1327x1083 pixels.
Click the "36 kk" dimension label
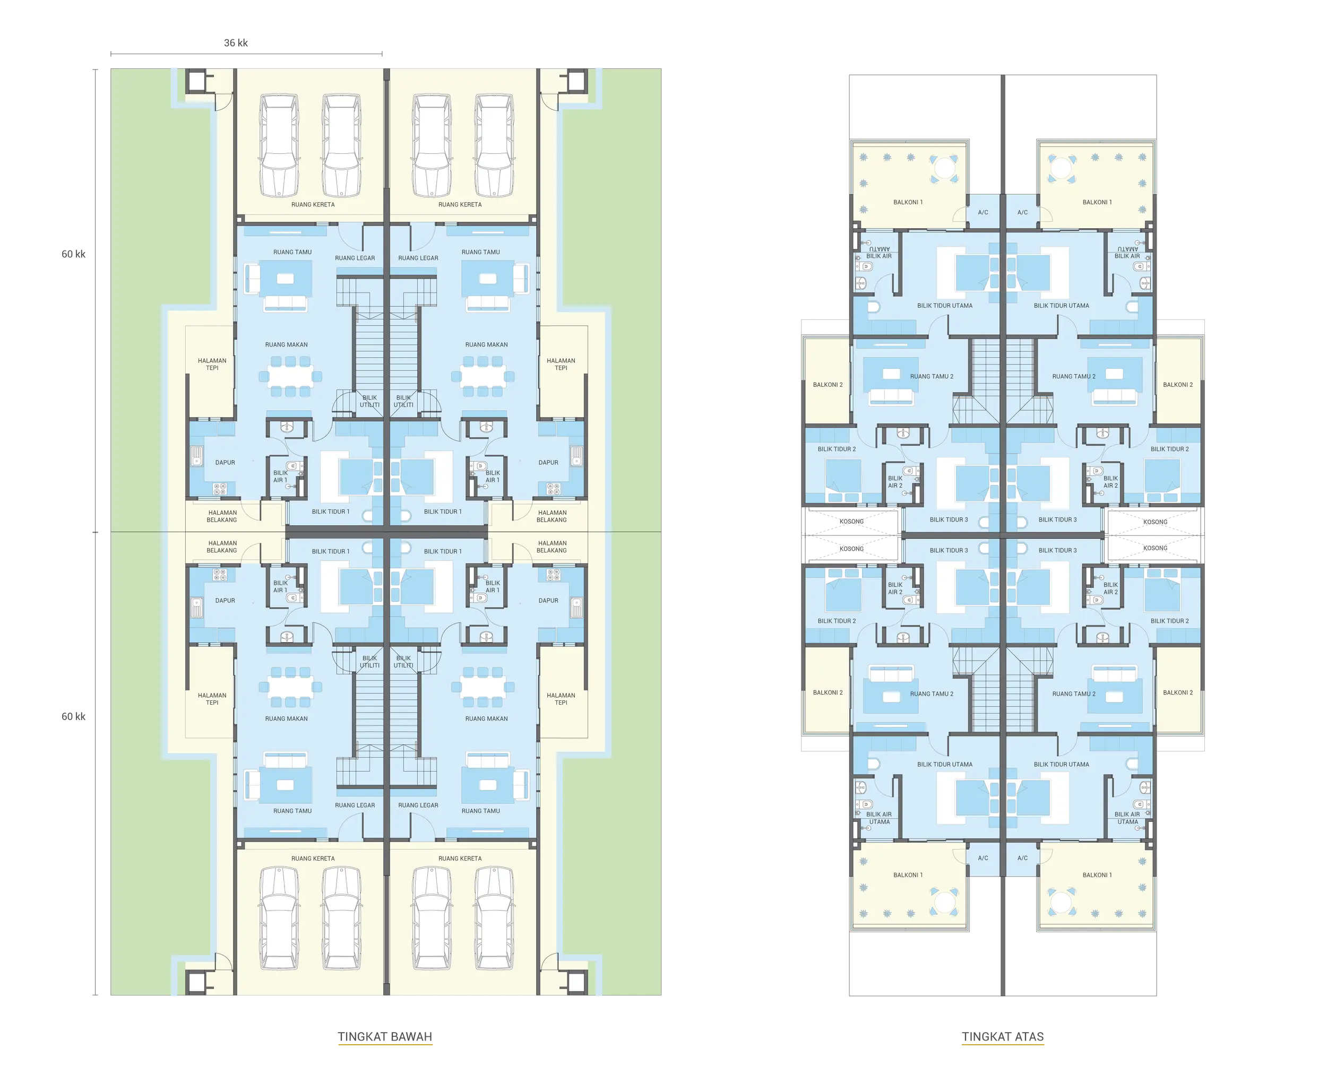pyautogui.click(x=236, y=43)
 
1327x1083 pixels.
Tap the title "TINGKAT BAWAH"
pyautogui.click(x=385, y=1036)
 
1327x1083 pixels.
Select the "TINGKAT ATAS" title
pyautogui.click(x=1003, y=1036)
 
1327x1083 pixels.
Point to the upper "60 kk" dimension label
pyautogui.click(x=73, y=254)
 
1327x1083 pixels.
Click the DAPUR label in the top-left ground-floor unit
pyautogui.click(x=225, y=463)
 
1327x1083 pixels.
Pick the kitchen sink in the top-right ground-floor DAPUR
pyautogui.click(x=576, y=456)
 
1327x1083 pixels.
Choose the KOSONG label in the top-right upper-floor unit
pyautogui.click(x=1155, y=522)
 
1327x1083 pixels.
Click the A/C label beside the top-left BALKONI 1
pyautogui.click(x=983, y=213)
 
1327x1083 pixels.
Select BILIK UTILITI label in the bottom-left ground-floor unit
pyautogui.click(x=369, y=662)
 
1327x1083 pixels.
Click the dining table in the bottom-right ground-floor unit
pyautogui.click(x=483, y=687)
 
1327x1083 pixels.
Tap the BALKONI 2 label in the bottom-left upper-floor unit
pyautogui.click(x=828, y=692)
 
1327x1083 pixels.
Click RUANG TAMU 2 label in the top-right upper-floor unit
pyautogui.click(x=1073, y=377)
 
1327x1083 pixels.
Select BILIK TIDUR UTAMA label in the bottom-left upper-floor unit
pyautogui.click(x=945, y=764)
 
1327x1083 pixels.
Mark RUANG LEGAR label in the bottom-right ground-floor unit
pyautogui.click(x=418, y=805)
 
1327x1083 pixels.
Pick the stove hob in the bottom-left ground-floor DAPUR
pyautogui.click(x=220, y=574)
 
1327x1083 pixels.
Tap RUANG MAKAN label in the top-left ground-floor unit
pyautogui.click(x=286, y=345)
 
